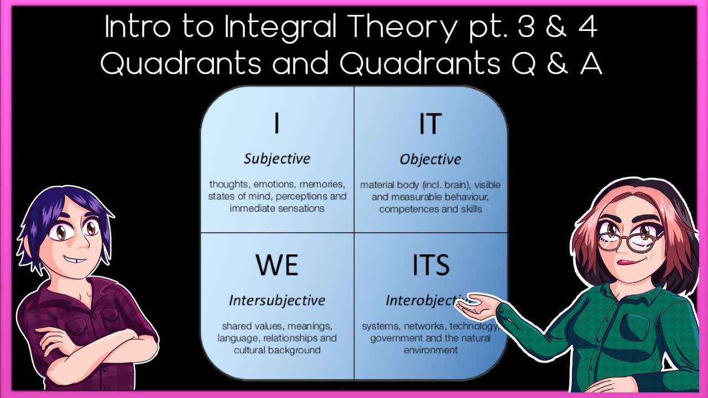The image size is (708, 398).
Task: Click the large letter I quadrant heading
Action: click(277, 124)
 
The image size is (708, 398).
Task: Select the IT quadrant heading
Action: click(430, 124)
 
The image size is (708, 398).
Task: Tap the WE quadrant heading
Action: click(277, 265)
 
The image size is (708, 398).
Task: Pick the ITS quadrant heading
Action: click(431, 265)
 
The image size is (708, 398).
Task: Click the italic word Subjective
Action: click(277, 159)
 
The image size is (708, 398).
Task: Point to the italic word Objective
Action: click(430, 159)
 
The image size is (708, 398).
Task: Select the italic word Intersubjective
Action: click(277, 300)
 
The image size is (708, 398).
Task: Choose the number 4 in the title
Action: click(587, 28)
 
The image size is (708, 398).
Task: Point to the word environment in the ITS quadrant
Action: click(430, 350)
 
